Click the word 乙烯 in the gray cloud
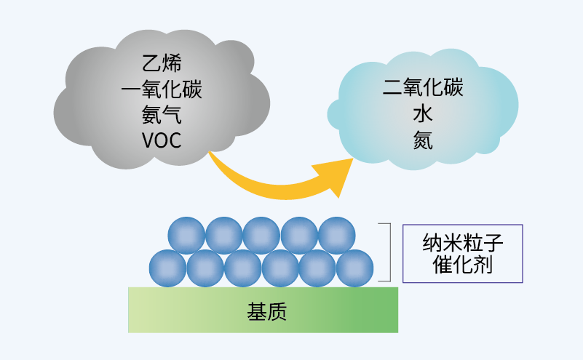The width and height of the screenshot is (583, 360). pos(161,64)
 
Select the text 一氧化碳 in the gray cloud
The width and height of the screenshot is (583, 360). pos(161,89)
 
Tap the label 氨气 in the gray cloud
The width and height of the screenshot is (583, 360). pos(161,114)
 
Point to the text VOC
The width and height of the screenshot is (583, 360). pos(161,140)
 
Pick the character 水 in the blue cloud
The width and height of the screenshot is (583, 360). pos(423,114)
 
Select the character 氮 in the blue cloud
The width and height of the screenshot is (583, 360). pos(423,140)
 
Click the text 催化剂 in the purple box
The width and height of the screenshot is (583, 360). pos(463,265)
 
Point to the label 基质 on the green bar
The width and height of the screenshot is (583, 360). pos(263,311)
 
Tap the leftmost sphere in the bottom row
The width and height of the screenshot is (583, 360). pos(168,268)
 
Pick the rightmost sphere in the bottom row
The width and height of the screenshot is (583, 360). pos(355,268)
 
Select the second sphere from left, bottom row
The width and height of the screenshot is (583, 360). pos(206,268)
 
